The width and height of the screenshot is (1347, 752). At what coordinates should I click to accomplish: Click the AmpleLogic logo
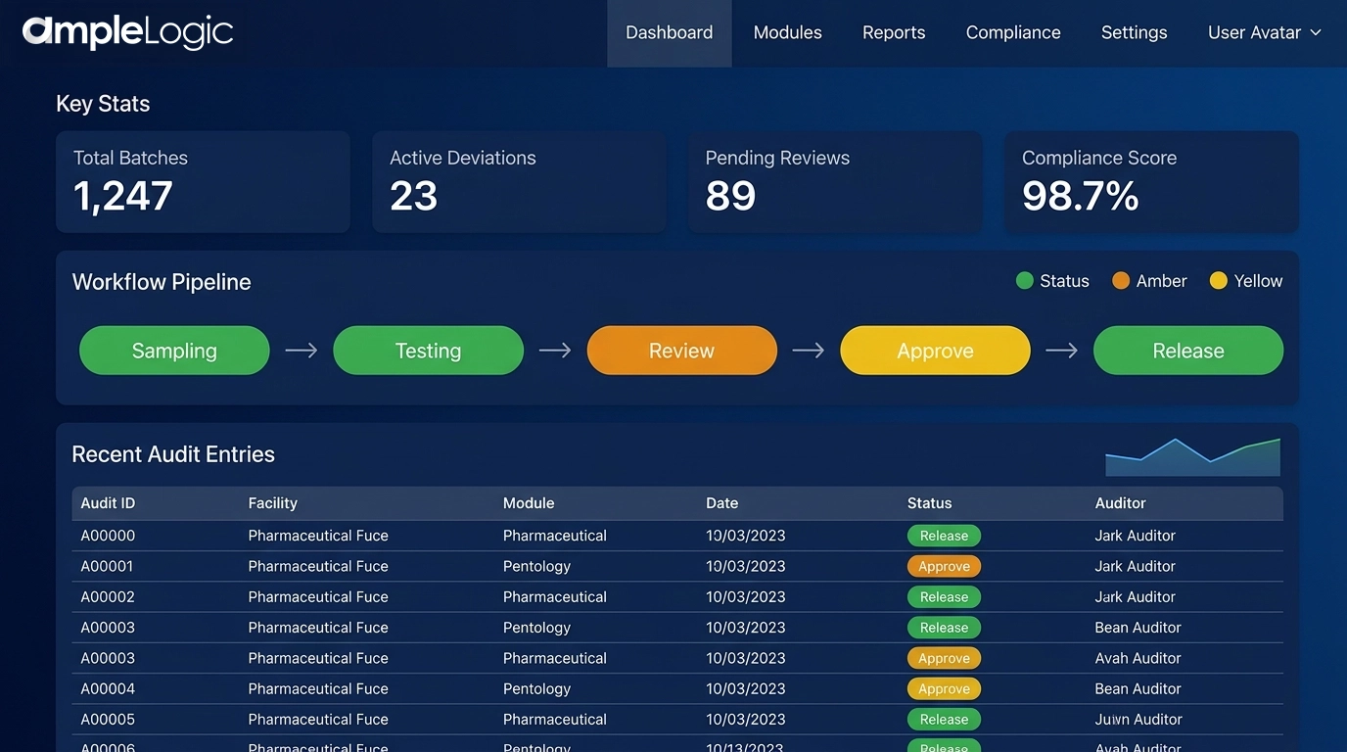point(127,32)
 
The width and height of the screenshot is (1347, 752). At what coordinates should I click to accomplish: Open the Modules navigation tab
point(787,32)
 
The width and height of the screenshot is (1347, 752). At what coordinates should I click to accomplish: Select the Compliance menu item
point(1012,32)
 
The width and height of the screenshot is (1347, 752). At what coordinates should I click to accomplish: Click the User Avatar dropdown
point(1264,32)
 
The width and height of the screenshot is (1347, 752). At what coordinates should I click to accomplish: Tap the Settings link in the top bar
point(1134,32)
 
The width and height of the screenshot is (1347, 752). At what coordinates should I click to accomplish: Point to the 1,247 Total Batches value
point(123,197)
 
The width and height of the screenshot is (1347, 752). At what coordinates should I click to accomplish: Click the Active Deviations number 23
point(413,197)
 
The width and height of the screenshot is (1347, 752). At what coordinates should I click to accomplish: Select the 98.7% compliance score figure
point(1080,197)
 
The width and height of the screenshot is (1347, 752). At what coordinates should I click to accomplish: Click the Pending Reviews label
point(777,158)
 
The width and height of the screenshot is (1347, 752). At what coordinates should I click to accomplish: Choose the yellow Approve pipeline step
point(935,351)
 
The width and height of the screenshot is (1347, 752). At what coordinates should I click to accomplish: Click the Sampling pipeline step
point(174,351)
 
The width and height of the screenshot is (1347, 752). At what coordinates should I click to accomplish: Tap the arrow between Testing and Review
point(555,351)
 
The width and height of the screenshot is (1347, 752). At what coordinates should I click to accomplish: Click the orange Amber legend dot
point(1121,281)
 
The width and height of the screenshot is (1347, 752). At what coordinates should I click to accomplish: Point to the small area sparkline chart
point(1192,457)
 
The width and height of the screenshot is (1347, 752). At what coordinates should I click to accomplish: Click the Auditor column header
point(1120,503)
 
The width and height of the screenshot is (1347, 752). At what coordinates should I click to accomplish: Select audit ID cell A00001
point(107,566)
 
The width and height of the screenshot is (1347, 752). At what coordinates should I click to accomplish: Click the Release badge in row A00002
point(944,597)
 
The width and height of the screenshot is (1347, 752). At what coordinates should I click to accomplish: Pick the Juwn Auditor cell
point(1138,720)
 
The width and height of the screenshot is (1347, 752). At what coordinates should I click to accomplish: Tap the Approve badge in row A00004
point(944,689)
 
